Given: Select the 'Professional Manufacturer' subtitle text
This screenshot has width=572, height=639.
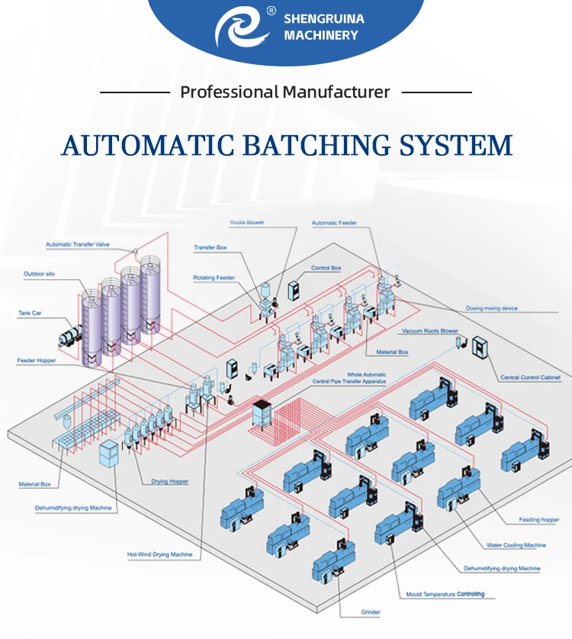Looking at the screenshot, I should (x=285, y=92).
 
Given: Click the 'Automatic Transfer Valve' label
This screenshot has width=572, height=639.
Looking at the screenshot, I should (x=79, y=244).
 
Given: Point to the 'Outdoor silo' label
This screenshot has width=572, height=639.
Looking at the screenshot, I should (x=40, y=273).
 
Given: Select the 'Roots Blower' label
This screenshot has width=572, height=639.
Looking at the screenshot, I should (x=249, y=223).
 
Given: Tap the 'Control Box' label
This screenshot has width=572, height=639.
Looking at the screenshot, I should (x=326, y=268).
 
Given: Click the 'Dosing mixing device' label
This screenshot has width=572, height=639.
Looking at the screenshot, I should (x=492, y=308).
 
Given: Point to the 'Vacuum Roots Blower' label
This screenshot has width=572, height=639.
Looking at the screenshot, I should (x=429, y=331).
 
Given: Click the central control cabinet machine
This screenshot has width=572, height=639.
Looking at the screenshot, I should (x=482, y=349).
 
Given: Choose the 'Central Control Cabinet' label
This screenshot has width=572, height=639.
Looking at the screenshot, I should (x=530, y=378).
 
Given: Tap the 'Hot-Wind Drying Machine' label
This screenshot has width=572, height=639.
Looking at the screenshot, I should (x=159, y=554).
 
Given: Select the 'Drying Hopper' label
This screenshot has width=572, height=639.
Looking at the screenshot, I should (x=170, y=482).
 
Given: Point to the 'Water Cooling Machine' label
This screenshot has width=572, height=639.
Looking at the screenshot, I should (x=516, y=545).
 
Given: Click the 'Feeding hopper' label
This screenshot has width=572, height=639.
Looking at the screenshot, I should (x=539, y=520).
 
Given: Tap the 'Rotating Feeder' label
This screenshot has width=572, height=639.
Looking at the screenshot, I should (x=214, y=278).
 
